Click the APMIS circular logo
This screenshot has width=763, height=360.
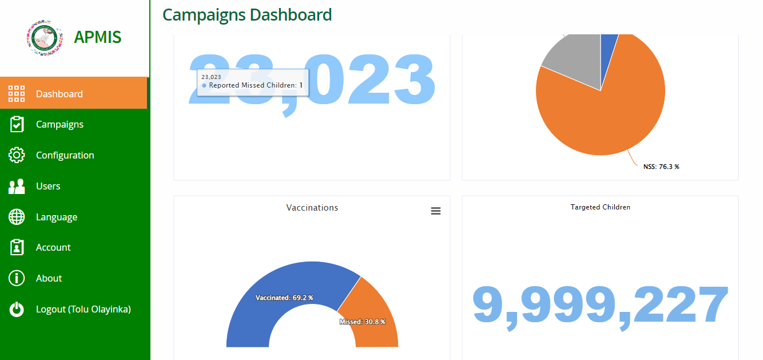pyautogui.click(x=45, y=38)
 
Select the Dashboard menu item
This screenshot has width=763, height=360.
pyautogui.click(x=59, y=94)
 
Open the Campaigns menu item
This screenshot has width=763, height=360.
pyautogui.click(x=59, y=124)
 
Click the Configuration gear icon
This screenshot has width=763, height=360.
pyautogui.click(x=17, y=155)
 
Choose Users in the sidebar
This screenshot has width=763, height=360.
pyautogui.click(x=48, y=186)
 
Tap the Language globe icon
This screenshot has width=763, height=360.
pyautogui.click(x=17, y=217)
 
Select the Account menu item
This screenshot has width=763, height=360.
pyautogui.click(x=53, y=247)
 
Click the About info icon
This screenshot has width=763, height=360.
pyautogui.click(x=17, y=278)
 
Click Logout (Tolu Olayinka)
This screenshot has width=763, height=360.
pyautogui.click(x=83, y=309)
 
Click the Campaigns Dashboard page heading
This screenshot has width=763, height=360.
pyautogui.click(x=247, y=15)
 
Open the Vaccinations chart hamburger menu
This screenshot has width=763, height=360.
pyautogui.click(x=436, y=211)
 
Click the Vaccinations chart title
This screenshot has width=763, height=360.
pyautogui.click(x=312, y=208)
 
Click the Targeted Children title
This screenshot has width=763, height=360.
pyautogui.click(x=601, y=207)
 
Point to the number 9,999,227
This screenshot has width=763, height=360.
pyautogui.click(x=601, y=305)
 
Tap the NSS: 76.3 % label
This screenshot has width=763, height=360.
pyautogui.click(x=661, y=167)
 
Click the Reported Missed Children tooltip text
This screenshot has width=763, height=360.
pyautogui.click(x=252, y=85)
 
